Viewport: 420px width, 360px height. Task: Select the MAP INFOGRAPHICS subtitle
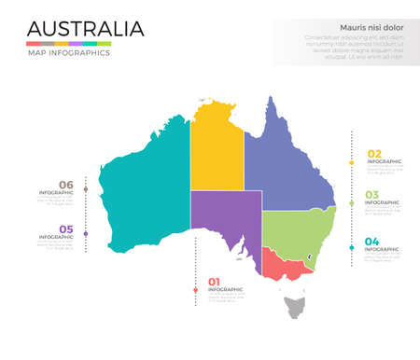coord(68,53)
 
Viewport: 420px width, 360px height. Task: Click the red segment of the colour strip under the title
coord(33,43)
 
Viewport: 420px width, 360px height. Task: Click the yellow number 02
coord(374,154)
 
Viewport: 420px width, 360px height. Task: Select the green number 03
coord(372,196)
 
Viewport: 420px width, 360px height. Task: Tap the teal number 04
coord(372,242)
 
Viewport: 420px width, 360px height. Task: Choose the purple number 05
coord(66,228)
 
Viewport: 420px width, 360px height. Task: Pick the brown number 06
coord(66,185)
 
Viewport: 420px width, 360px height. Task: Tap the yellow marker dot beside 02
coord(351,162)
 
